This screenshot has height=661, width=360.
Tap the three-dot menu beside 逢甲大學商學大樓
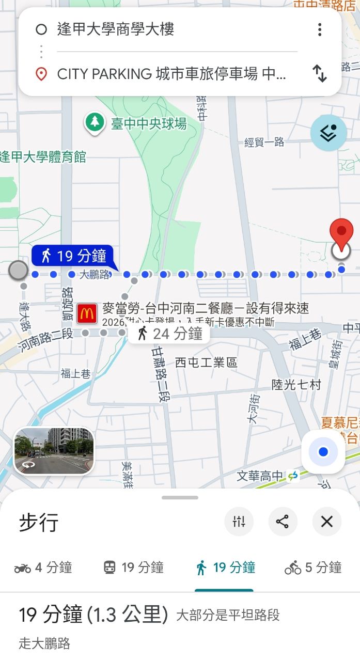tap(320, 29)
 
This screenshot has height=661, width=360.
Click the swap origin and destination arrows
tap(320, 74)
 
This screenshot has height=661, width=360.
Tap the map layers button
tap(328, 133)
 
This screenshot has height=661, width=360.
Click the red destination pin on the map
tap(341, 234)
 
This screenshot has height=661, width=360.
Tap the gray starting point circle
tap(19, 270)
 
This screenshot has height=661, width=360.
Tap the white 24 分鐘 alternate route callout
tap(169, 334)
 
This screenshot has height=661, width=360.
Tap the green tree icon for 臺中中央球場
tap(94, 123)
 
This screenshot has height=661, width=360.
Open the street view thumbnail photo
tap(54, 450)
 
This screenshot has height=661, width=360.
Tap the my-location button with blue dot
tap(323, 452)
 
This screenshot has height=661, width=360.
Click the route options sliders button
tap(239, 522)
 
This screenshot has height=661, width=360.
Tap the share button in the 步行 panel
tap(283, 522)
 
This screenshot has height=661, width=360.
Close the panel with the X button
tap(327, 522)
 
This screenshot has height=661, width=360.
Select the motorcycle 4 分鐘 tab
tap(43, 568)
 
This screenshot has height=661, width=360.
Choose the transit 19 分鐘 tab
tap(133, 568)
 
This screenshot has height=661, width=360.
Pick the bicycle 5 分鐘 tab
tap(313, 568)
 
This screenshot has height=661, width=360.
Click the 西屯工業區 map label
tap(206, 363)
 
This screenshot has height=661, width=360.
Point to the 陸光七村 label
tap(296, 385)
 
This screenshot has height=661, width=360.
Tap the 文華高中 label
tap(260, 476)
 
